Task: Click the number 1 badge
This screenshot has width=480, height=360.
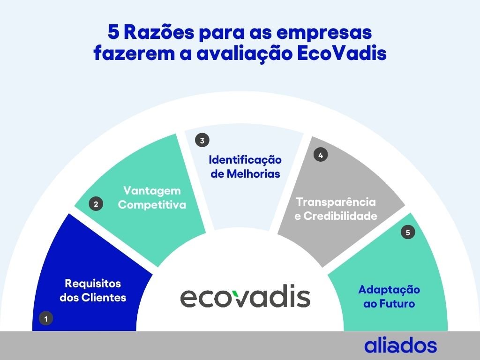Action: pos(46,319)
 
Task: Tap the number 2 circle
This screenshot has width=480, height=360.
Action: pos(96,204)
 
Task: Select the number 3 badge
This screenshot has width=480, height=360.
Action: pos(202,140)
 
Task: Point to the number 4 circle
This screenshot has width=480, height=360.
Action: pos(321,156)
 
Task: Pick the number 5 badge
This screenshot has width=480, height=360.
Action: pos(408,232)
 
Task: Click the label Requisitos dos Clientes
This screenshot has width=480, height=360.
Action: pos(93,290)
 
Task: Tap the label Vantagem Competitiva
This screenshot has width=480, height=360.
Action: pos(152,198)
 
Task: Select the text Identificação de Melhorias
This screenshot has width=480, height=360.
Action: pos(245,166)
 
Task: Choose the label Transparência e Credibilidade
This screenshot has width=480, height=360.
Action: pos(336,209)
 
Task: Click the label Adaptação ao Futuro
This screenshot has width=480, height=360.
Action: pos(389,296)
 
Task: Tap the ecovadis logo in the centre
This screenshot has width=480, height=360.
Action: pos(245,297)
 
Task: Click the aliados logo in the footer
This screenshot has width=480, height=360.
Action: pos(400,345)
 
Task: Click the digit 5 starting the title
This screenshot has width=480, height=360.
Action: pos(113,33)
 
